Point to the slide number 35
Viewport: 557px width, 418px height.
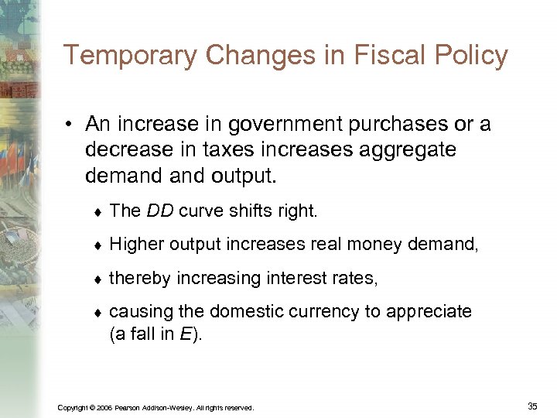click(531, 406)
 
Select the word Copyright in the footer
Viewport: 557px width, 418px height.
click(71, 407)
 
